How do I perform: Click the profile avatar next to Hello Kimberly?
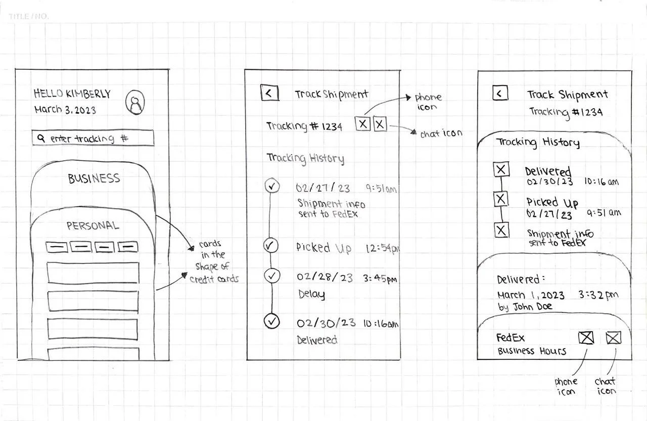pos(135,102)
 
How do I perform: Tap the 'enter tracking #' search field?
pos(93,138)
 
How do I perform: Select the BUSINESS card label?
pos(94,178)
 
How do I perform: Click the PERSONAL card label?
pos(93,225)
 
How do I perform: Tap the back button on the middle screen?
pos(269,93)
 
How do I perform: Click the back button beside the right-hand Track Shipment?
pos(500,93)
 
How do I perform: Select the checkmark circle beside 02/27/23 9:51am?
pos(272,187)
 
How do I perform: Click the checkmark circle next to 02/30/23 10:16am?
pos(272,321)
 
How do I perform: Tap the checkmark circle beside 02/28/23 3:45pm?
pos(272,276)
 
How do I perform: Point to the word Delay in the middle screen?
pos(311,294)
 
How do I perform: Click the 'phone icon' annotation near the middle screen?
pos(428,102)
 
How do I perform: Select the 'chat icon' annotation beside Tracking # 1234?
pos(441,134)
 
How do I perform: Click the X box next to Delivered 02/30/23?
pos(501,170)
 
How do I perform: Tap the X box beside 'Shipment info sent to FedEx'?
pos(501,231)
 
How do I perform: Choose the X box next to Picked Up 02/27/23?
pos(501,200)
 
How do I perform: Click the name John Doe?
pos(533,307)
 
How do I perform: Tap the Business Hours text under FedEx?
pos(532,351)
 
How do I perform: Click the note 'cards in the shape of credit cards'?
pos(214,262)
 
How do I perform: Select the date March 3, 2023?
pos(65,109)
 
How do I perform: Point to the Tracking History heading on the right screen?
pos(537,142)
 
